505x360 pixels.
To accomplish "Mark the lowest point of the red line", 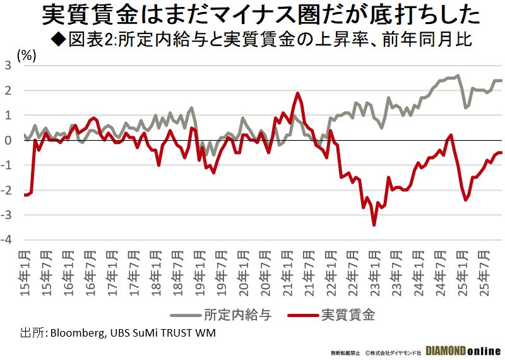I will (374, 225).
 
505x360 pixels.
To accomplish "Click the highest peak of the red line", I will (297, 93).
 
